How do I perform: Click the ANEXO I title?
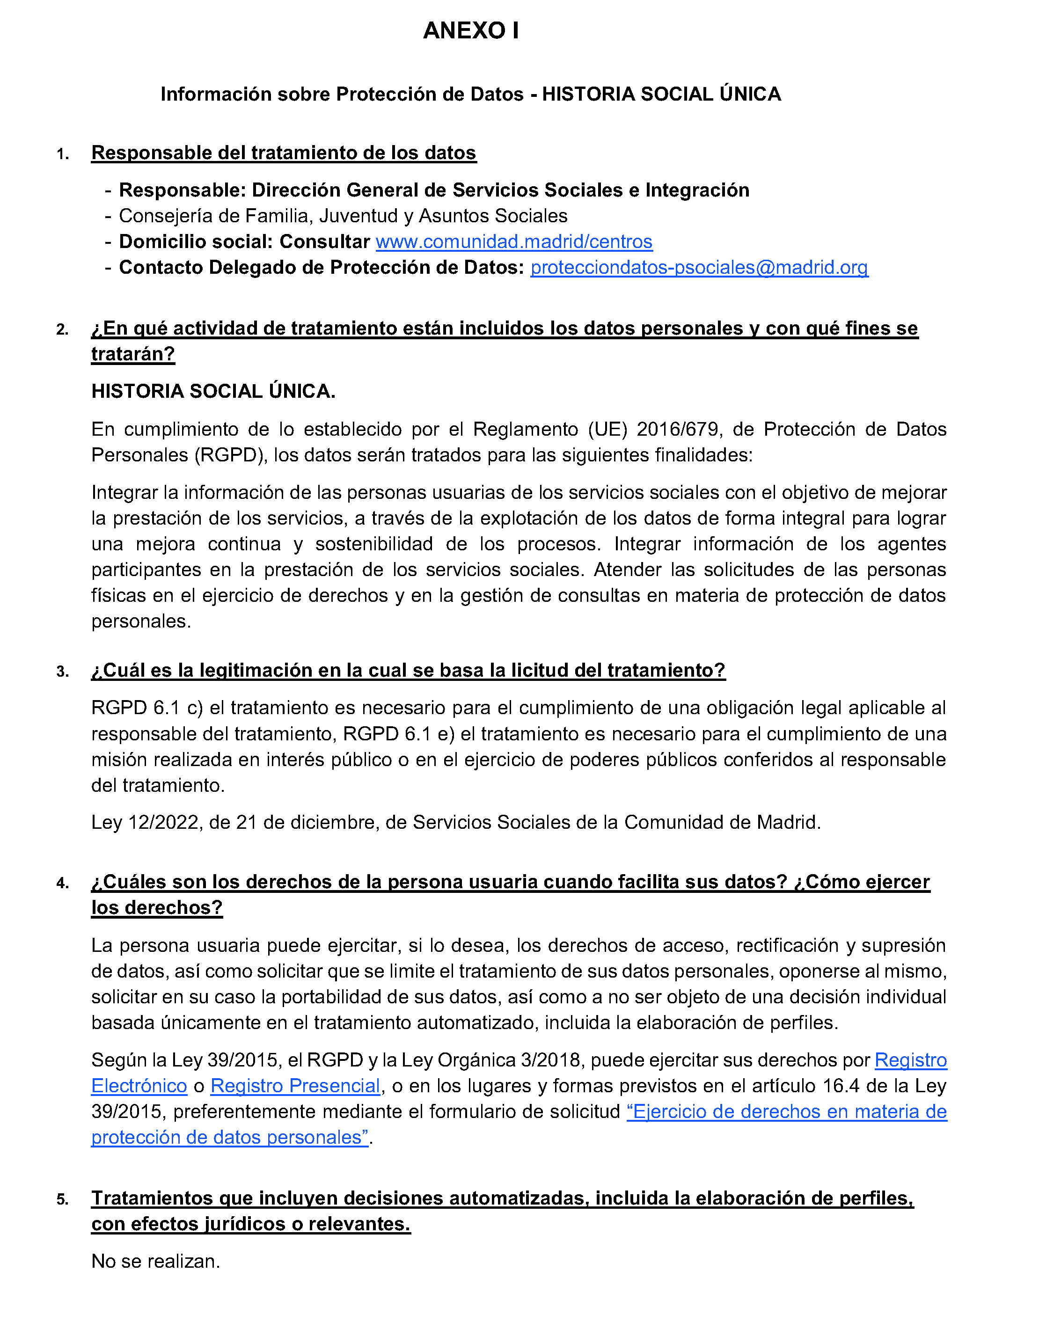pyautogui.click(x=471, y=31)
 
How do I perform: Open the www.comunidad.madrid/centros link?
pyautogui.click(x=514, y=242)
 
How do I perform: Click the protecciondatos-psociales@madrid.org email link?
pyautogui.click(x=699, y=268)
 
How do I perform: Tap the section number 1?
pyautogui.click(x=62, y=154)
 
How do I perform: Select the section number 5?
pyautogui.click(x=62, y=1199)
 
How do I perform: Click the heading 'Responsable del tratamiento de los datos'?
pyautogui.click(x=284, y=153)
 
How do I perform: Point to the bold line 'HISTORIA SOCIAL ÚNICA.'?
pyautogui.click(x=213, y=391)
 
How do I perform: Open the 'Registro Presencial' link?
pyautogui.click(x=295, y=1086)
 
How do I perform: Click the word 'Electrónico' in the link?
pyautogui.click(x=139, y=1086)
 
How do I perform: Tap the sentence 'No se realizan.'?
pyautogui.click(x=156, y=1262)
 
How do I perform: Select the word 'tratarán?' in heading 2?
pyautogui.click(x=133, y=354)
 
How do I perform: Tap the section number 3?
pyautogui.click(x=62, y=672)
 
